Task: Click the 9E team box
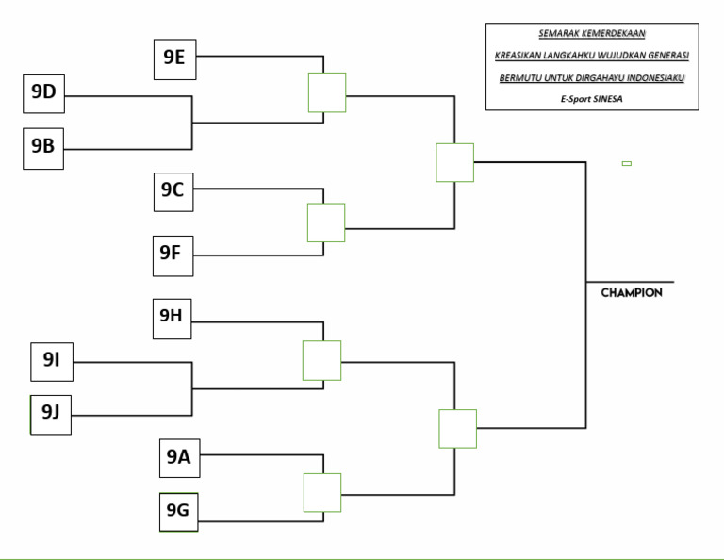pos(173,58)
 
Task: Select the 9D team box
pos(43,93)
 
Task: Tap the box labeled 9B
pos(43,147)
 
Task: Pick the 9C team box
pos(173,190)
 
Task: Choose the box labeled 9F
pos(173,255)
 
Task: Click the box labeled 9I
pos(51,360)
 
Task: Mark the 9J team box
pos(51,413)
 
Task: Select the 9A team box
pos(178,458)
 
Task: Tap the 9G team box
pos(178,512)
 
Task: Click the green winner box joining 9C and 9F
pos(326,222)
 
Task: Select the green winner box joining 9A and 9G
pos(321,492)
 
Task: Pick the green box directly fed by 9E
pos(327,92)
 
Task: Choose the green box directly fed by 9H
pos(321,360)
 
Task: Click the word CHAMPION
pos(632,293)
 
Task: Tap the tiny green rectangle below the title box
pos(627,163)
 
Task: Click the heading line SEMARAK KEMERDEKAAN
pos(592,34)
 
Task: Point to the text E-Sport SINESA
pos(592,98)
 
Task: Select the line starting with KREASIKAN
pos(592,56)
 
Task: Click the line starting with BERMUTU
pos(592,77)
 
